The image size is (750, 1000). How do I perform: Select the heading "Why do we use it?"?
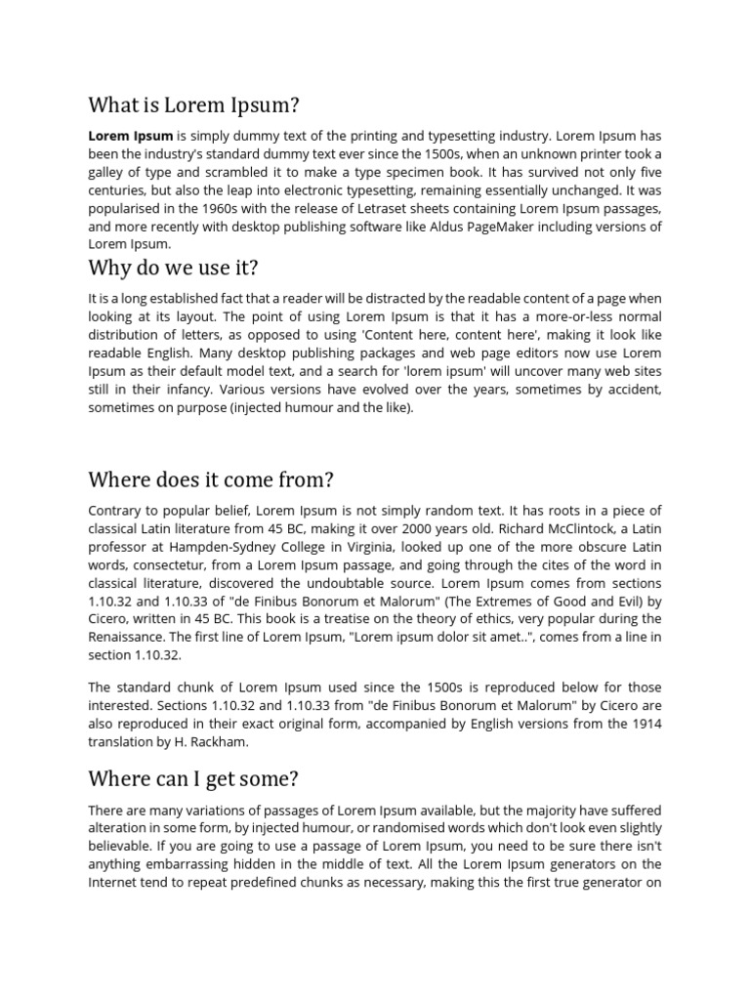click(x=175, y=268)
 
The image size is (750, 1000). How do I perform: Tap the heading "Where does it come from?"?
click(x=211, y=479)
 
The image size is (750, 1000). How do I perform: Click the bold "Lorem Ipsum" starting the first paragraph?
click(x=131, y=136)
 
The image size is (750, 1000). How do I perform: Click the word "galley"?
click(x=108, y=172)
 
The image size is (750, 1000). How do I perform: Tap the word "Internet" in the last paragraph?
click(x=115, y=882)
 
